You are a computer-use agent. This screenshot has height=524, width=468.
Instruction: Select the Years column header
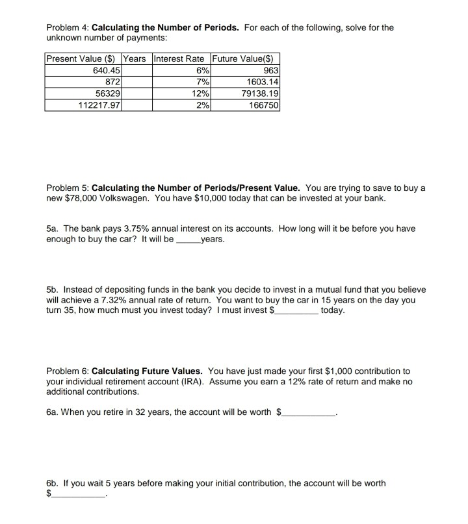click(x=135, y=59)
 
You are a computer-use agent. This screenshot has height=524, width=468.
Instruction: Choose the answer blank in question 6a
click(x=309, y=412)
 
